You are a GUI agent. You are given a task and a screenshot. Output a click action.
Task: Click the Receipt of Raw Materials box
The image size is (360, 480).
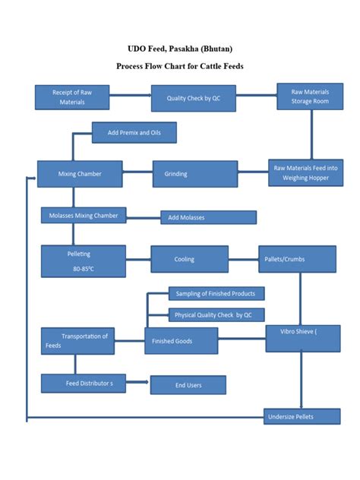73,97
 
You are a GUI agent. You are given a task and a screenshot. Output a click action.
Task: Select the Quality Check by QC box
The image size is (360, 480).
193,98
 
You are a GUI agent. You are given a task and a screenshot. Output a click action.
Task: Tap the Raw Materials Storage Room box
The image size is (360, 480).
311,96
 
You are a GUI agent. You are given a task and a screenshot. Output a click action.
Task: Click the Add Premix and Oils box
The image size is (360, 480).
134,133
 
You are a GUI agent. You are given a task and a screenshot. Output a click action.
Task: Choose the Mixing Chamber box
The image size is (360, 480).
81,174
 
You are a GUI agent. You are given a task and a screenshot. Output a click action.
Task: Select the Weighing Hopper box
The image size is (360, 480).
305,172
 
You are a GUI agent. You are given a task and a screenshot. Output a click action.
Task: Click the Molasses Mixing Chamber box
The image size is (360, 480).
84,216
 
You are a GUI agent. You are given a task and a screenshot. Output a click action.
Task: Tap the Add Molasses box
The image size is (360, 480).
208,218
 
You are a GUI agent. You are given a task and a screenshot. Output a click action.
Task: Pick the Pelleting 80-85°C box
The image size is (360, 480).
84,259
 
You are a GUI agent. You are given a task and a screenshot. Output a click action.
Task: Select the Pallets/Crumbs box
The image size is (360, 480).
297,259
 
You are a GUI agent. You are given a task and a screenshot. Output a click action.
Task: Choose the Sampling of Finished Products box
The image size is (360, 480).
216,294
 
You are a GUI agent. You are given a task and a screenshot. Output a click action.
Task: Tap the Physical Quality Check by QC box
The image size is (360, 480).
216,314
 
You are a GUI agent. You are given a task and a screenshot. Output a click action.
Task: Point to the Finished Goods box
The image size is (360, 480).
181,341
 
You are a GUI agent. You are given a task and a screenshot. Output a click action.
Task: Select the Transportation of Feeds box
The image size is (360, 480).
77,341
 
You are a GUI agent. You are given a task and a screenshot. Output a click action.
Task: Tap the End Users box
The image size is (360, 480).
188,385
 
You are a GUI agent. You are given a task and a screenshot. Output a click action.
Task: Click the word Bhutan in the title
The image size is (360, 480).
221,48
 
